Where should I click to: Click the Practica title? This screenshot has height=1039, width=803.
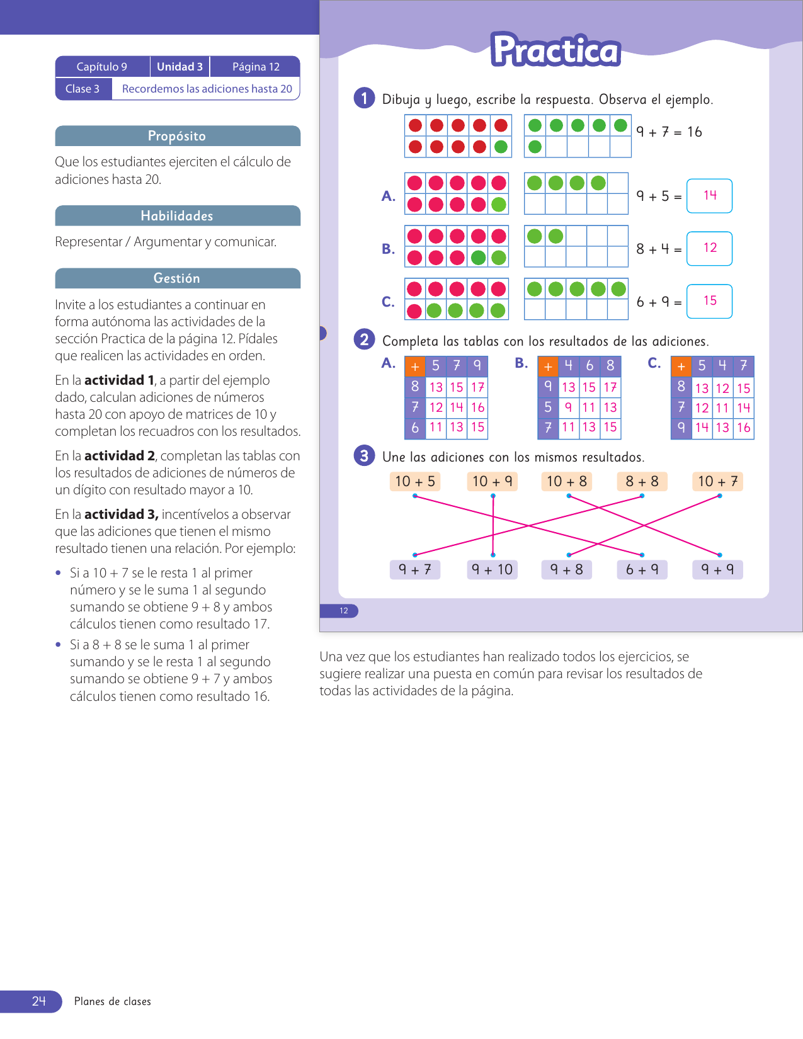point(555,50)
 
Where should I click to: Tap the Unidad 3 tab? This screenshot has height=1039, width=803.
point(179,67)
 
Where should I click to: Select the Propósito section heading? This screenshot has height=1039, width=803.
point(177,136)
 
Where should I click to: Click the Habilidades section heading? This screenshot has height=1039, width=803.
point(177,216)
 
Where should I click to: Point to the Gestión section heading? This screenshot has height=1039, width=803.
point(177,278)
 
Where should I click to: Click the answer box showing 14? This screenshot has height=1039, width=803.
point(709,196)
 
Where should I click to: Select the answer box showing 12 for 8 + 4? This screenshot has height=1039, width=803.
point(709,249)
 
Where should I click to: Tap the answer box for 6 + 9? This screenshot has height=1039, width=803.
point(709,302)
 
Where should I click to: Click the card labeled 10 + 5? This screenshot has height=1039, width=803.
point(414,482)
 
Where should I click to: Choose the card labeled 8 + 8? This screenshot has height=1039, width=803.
point(642,482)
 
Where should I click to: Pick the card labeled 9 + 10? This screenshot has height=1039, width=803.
point(493,570)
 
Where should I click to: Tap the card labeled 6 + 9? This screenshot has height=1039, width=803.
point(642,570)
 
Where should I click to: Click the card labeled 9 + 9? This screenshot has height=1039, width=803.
point(717,570)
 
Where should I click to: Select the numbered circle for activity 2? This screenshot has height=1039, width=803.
point(364,339)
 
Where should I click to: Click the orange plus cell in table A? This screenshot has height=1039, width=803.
point(414,366)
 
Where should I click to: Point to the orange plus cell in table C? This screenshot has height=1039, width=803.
point(681,366)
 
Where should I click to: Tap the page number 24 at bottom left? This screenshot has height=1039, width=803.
point(39,1001)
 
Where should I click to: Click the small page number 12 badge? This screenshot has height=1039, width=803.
point(344,611)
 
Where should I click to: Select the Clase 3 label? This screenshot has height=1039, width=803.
point(83,89)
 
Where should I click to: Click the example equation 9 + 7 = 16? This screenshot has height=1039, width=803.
point(669,132)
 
